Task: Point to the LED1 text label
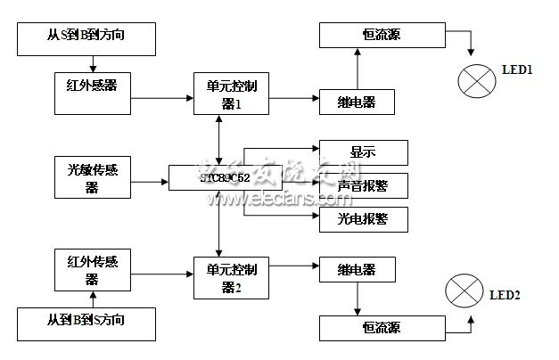pyautogui.click(x=518, y=69)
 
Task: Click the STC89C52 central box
pyautogui.click(x=226, y=176)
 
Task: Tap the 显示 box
pyautogui.click(x=363, y=151)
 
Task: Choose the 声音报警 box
pyautogui.click(x=363, y=185)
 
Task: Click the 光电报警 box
pyautogui.click(x=363, y=218)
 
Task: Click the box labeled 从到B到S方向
pyautogui.click(x=87, y=319)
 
